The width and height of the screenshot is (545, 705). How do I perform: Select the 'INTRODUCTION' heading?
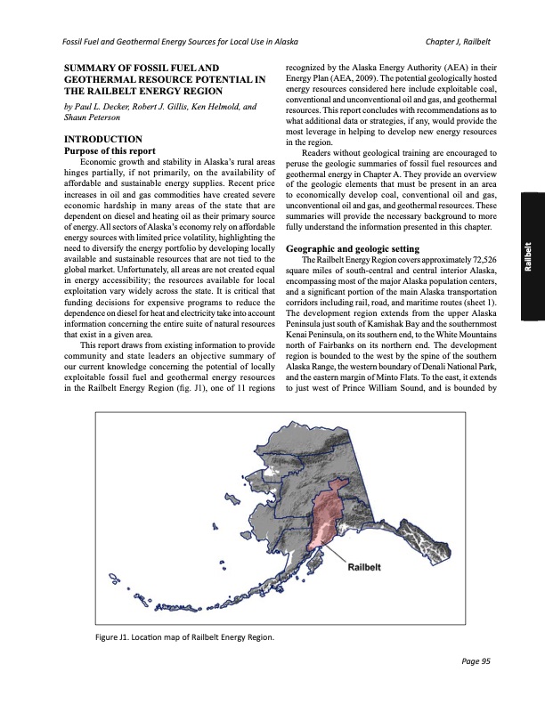98,139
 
